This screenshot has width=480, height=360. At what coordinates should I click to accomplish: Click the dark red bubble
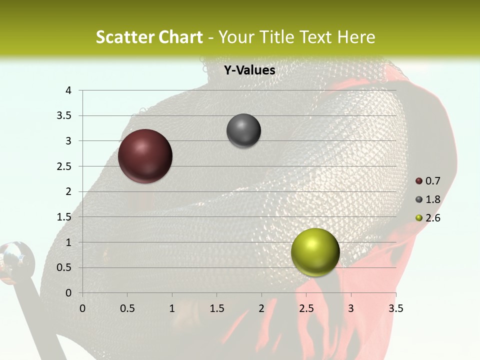[x=145, y=156]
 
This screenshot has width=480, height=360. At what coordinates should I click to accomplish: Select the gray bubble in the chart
[x=243, y=131]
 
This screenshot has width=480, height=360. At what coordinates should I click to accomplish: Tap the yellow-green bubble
[x=315, y=252]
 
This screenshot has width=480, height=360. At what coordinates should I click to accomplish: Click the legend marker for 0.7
[x=419, y=181]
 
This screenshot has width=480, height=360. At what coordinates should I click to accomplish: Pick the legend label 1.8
[x=433, y=199]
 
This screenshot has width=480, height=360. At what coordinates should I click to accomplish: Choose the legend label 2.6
[x=433, y=218]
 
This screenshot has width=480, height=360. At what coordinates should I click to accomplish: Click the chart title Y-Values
[x=249, y=70]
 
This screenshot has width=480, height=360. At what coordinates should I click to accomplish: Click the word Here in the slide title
[x=356, y=37]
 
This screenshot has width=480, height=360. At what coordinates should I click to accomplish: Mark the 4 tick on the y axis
[x=69, y=90]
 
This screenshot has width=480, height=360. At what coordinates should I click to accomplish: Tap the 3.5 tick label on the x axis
[x=395, y=308]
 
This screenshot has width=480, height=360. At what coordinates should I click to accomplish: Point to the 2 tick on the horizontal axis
[x=261, y=308]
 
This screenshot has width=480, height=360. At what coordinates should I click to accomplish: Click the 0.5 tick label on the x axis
[x=127, y=308]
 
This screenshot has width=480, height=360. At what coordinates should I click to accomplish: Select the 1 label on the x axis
[x=172, y=308]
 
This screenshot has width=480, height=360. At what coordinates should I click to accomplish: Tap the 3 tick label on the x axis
[x=351, y=308]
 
